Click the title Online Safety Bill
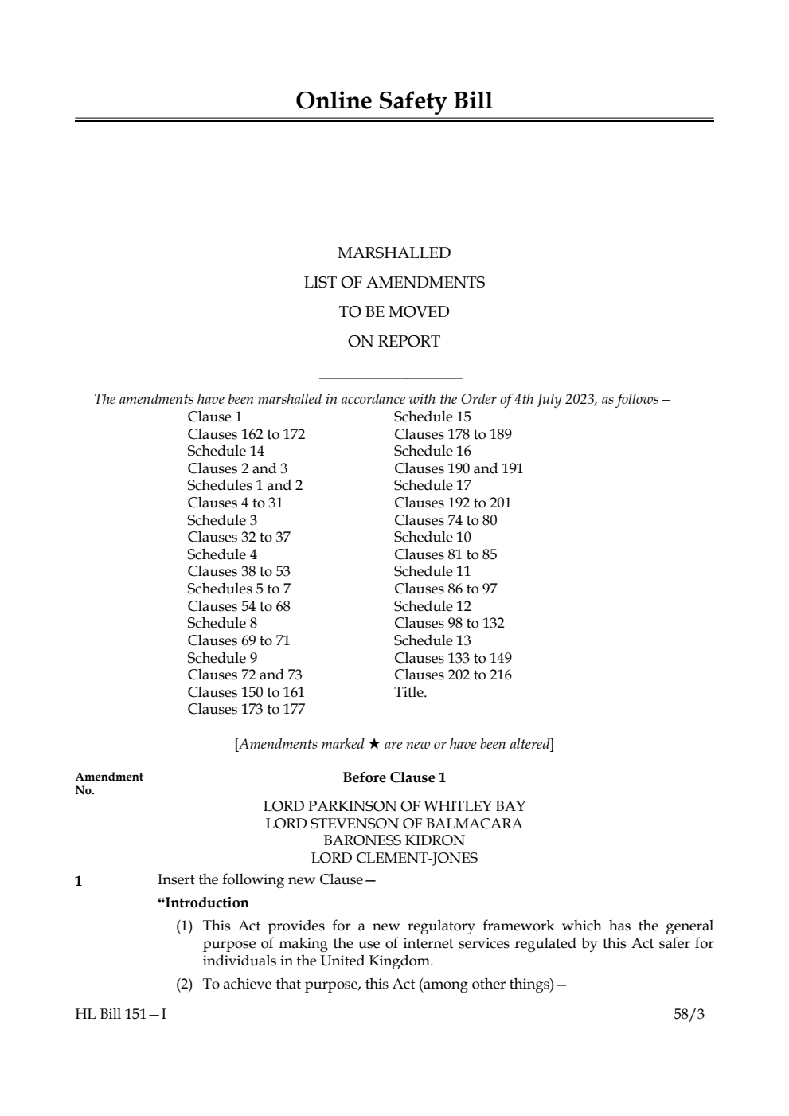394,101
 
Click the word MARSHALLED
394,253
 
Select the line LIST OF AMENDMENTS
394,283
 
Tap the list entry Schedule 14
225,451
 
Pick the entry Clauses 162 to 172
246,434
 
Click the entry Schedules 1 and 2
244,485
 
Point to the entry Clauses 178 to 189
452,434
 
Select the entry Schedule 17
432,485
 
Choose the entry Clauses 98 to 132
449,623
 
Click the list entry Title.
410,692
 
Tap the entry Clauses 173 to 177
246,709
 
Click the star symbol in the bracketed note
373,744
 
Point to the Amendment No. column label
109,783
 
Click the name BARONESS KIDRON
394,840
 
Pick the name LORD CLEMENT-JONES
394,858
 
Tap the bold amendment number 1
78,882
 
